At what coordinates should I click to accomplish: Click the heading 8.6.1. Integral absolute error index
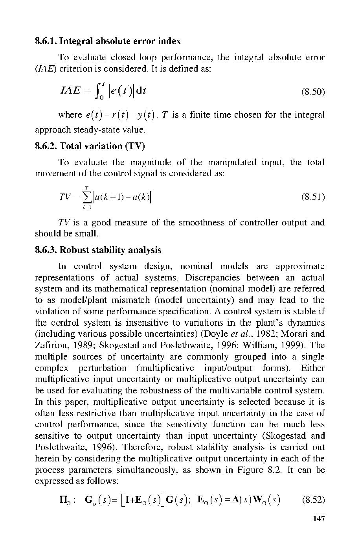[108, 41]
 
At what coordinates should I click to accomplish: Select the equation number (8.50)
[313, 92]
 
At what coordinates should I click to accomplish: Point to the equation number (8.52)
[313, 500]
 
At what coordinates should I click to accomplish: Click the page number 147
[319, 519]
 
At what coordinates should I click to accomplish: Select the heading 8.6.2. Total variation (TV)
[90, 146]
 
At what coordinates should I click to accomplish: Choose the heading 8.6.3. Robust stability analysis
[98, 250]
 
